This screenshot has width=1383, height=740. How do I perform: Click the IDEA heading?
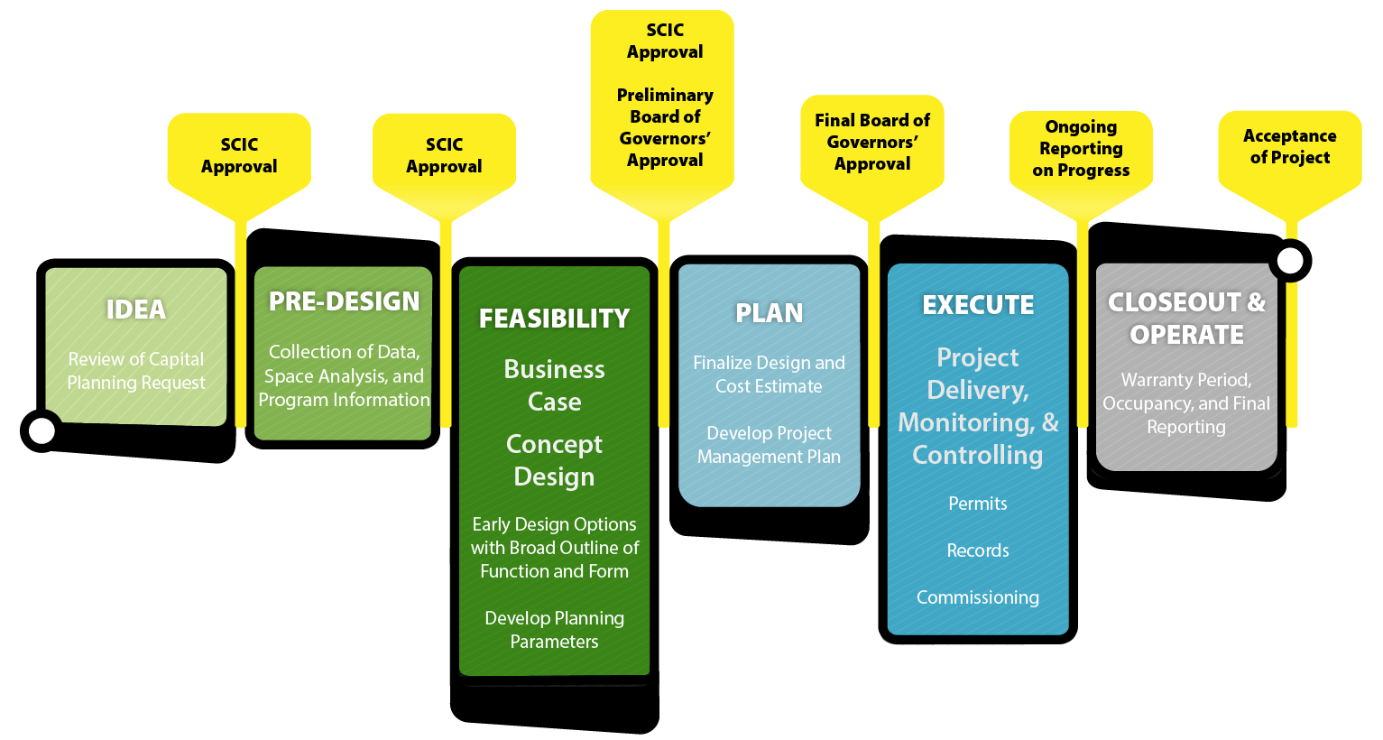pyautogui.click(x=136, y=310)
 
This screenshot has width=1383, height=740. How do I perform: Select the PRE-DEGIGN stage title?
pyautogui.click(x=344, y=301)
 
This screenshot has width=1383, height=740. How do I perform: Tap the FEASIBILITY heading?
pyautogui.click(x=554, y=319)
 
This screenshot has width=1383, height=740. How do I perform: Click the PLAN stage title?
pyautogui.click(x=769, y=313)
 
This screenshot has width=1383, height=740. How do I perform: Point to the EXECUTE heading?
pyautogui.click(x=978, y=305)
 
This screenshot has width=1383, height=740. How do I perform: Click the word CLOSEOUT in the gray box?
pyautogui.click(x=1174, y=302)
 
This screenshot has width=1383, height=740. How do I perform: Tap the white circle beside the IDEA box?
pyautogui.click(x=41, y=430)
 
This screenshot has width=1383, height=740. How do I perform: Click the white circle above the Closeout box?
pyautogui.click(x=1291, y=261)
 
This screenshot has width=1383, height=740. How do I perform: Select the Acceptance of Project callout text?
pyautogui.click(x=1289, y=146)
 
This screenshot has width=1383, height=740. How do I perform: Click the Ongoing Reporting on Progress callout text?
pyautogui.click(x=1081, y=148)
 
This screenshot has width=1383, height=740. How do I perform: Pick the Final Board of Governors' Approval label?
pyautogui.click(x=871, y=142)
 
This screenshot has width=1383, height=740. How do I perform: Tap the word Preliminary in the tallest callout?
pyautogui.click(x=665, y=95)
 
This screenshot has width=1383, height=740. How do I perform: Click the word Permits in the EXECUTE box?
pyautogui.click(x=978, y=504)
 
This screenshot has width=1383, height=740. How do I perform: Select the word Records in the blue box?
pyautogui.click(x=978, y=550)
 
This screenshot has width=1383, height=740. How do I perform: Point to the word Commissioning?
pyautogui.click(x=978, y=597)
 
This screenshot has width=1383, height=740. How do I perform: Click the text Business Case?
pyautogui.click(x=554, y=385)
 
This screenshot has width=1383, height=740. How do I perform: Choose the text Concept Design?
pyautogui.click(x=554, y=460)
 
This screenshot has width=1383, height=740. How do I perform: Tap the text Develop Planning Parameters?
pyautogui.click(x=554, y=630)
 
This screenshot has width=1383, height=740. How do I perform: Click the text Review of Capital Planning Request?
pyautogui.click(x=136, y=371)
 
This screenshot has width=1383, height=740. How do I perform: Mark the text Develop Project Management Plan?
pyautogui.click(x=769, y=445)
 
